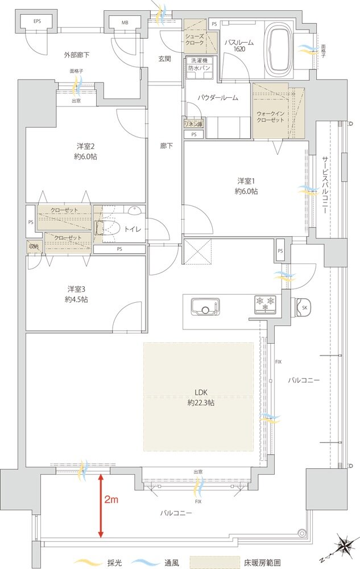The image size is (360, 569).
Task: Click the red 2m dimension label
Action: (x=111, y=501)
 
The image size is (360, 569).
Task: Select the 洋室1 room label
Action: (x=247, y=186)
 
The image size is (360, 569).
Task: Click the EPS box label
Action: (x=37, y=22)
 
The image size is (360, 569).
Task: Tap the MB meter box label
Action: (x=125, y=23)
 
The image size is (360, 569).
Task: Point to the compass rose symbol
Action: (x=341, y=547)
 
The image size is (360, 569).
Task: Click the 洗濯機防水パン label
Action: (x=199, y=64)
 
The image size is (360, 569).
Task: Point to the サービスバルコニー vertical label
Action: (x=324, y=184)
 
